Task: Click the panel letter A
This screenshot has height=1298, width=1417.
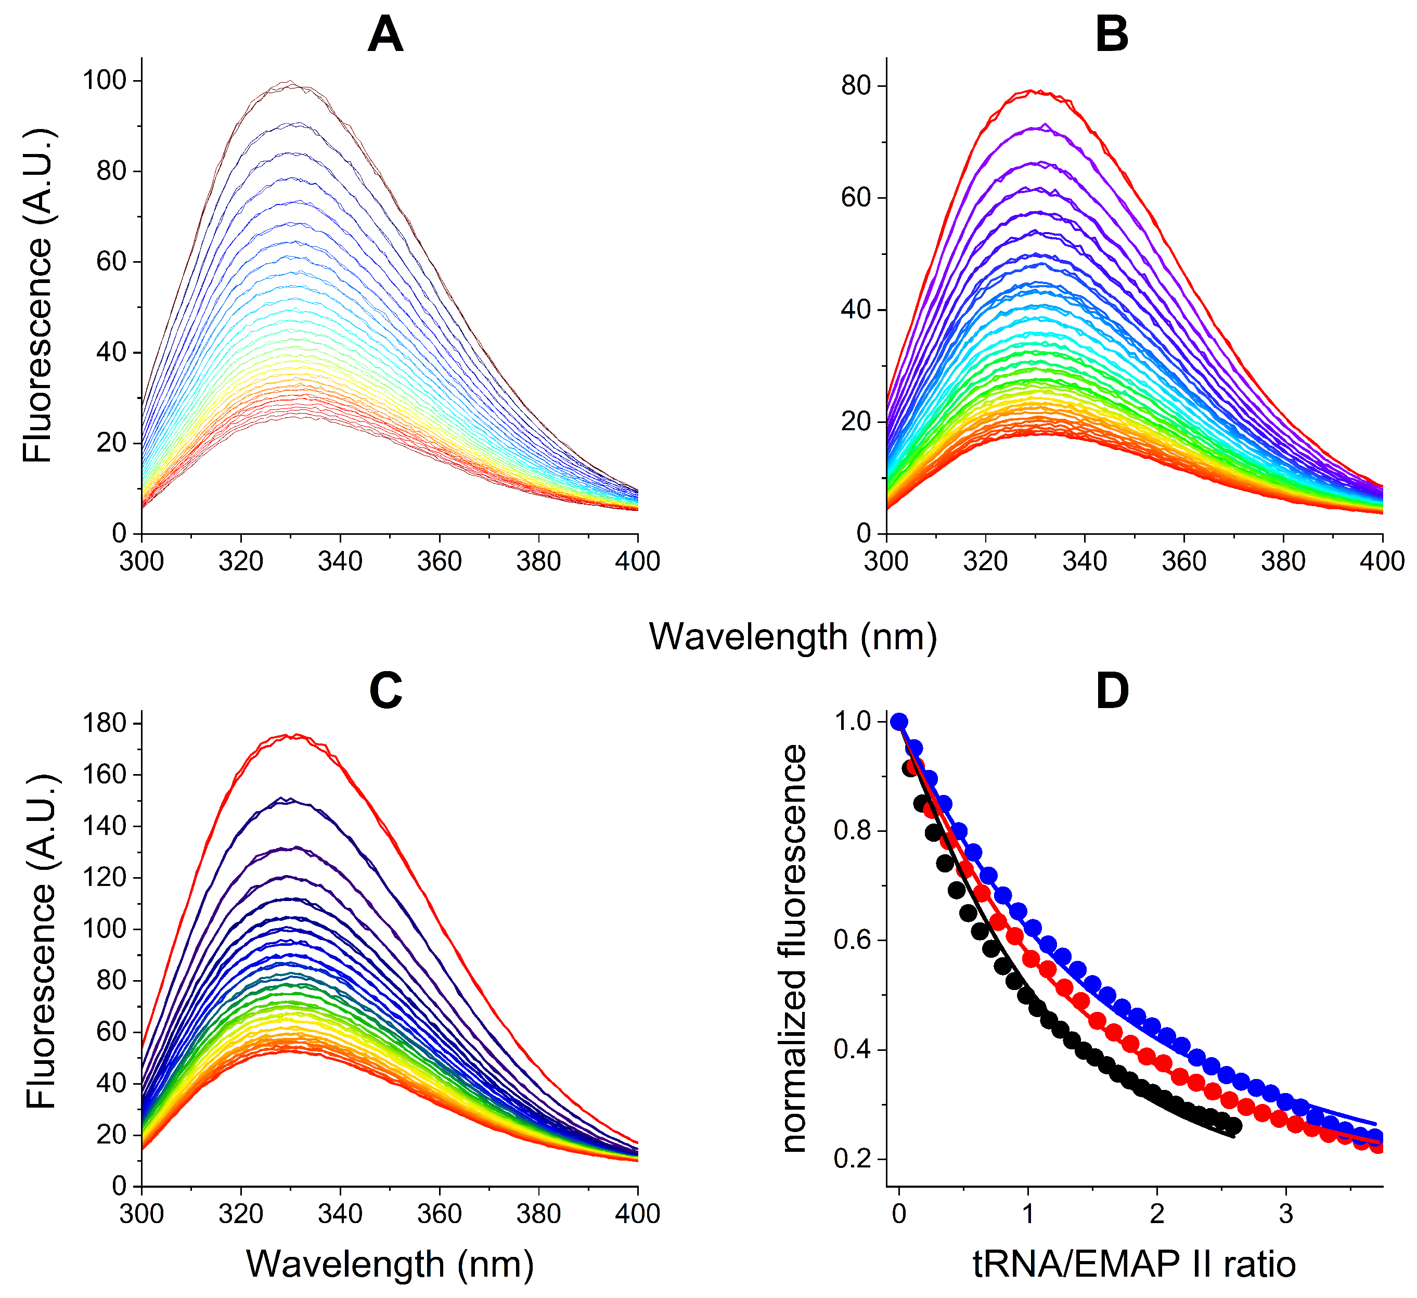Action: click(385, 35)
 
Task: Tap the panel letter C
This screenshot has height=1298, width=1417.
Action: click(385, 691)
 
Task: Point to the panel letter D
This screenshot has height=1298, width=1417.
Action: click(1112, 691)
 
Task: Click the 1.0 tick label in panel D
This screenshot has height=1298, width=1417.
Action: click(853, 722)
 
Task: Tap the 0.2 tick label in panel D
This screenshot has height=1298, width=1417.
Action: click(853, 1158)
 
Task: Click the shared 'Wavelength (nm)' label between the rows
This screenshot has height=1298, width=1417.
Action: click(793, 637)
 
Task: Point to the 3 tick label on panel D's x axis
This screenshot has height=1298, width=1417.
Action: click(1285, 1214)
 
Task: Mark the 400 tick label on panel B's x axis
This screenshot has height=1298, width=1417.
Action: click(1382, 561)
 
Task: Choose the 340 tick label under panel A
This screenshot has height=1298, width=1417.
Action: click(340, 561)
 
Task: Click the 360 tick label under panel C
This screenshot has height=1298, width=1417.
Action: click(439, 1214)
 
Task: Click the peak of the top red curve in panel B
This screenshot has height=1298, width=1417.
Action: click(1032, 91)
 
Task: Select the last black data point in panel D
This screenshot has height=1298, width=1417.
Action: click(1233, 1126)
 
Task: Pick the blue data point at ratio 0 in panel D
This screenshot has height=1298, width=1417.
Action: click(899, 722)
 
